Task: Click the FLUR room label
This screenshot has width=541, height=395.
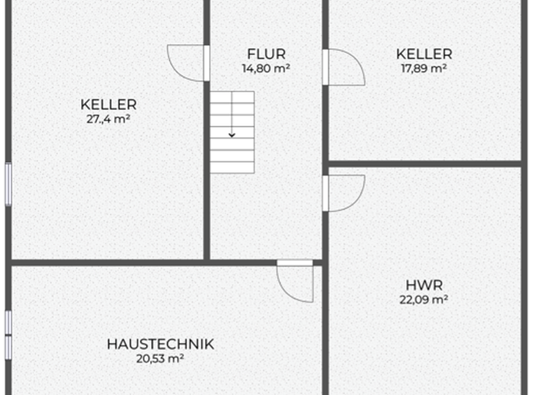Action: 266,54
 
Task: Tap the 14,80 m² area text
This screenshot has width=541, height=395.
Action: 266,68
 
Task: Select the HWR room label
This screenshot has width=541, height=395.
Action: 424,285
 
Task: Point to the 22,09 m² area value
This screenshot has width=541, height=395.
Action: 424,299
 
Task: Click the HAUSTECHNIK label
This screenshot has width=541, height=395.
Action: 161,344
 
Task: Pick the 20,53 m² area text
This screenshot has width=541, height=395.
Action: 161,358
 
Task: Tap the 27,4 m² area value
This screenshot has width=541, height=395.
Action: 108,119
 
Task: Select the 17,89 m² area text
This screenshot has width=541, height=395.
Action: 424,68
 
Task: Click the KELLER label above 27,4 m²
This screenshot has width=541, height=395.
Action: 108,105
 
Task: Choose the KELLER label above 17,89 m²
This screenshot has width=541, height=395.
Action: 424,54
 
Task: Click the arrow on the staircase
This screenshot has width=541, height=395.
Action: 232,133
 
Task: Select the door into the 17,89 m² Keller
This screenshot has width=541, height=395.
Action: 343,68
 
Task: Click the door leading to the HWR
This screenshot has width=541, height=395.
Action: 343,193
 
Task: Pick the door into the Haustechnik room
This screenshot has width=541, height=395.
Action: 295,280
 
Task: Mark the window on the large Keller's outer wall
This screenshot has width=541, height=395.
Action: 8,185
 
